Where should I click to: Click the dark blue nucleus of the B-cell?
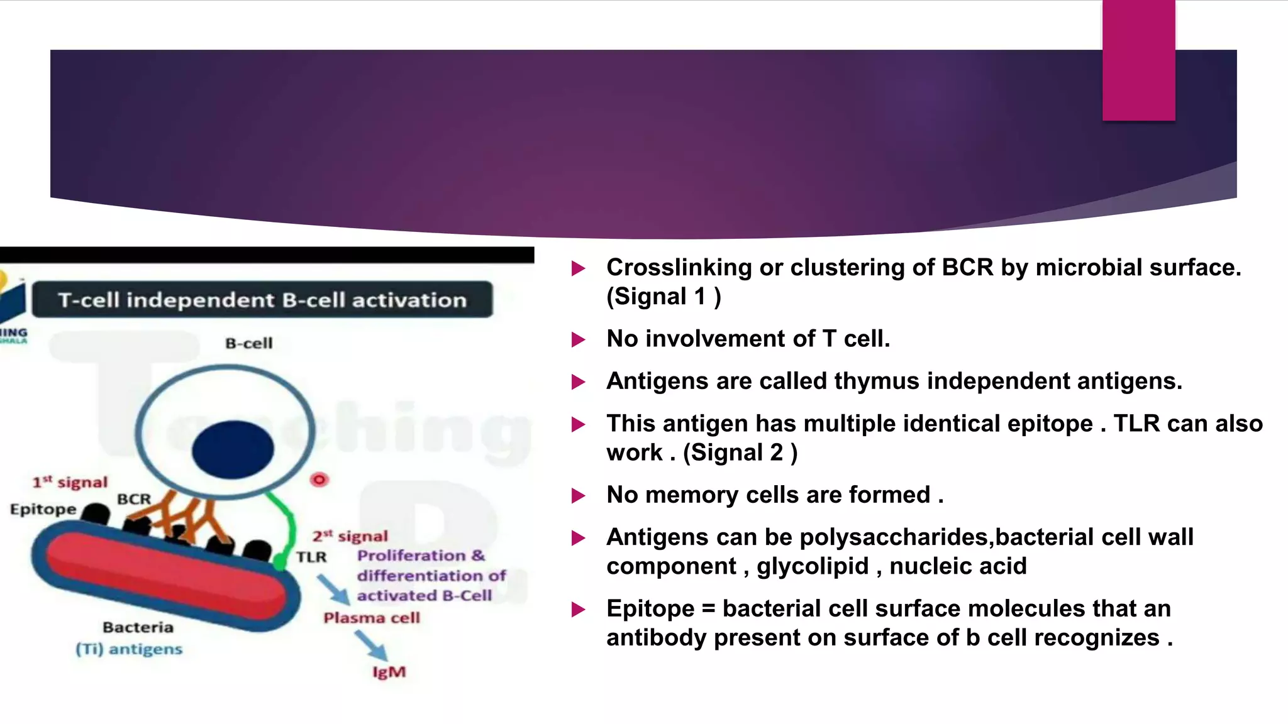pyautogui.click(x=233, y=449)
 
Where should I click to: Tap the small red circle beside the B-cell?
pyautogui.click(x=319, y=480)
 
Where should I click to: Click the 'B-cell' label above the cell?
pyautogui.click(x=249, y=343)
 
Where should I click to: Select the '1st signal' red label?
pyautogui.click(x=70, y=482)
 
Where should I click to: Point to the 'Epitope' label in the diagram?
pyautogui.click(x=43, y=509)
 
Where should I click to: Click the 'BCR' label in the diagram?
pyautogui.click(x=134, y=499)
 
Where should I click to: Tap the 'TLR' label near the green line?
pyautogui.click(x=311, y=557)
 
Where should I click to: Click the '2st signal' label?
pyautogui.click(x=350, y=536)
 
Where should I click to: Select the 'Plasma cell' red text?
pyautogui.click(x=372, y=618)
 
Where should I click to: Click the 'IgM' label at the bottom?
pyautogui.click(x=389, y=672)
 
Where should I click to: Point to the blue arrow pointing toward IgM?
pyautogui.click(x=370, y=645)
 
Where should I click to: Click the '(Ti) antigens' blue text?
pyautogui.click(x=129, y=649)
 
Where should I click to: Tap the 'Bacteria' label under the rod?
pyautogui.click(x=138, y=627)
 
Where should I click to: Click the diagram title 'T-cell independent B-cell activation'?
pyautogui.click(x=262, y=300)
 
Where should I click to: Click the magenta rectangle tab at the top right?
pyautogui.click(x=1138, y=60)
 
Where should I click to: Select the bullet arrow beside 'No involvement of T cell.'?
pyautogui.click(x=578, y=340)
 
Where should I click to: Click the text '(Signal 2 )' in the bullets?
pyautogui.click(x=740, y=452)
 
